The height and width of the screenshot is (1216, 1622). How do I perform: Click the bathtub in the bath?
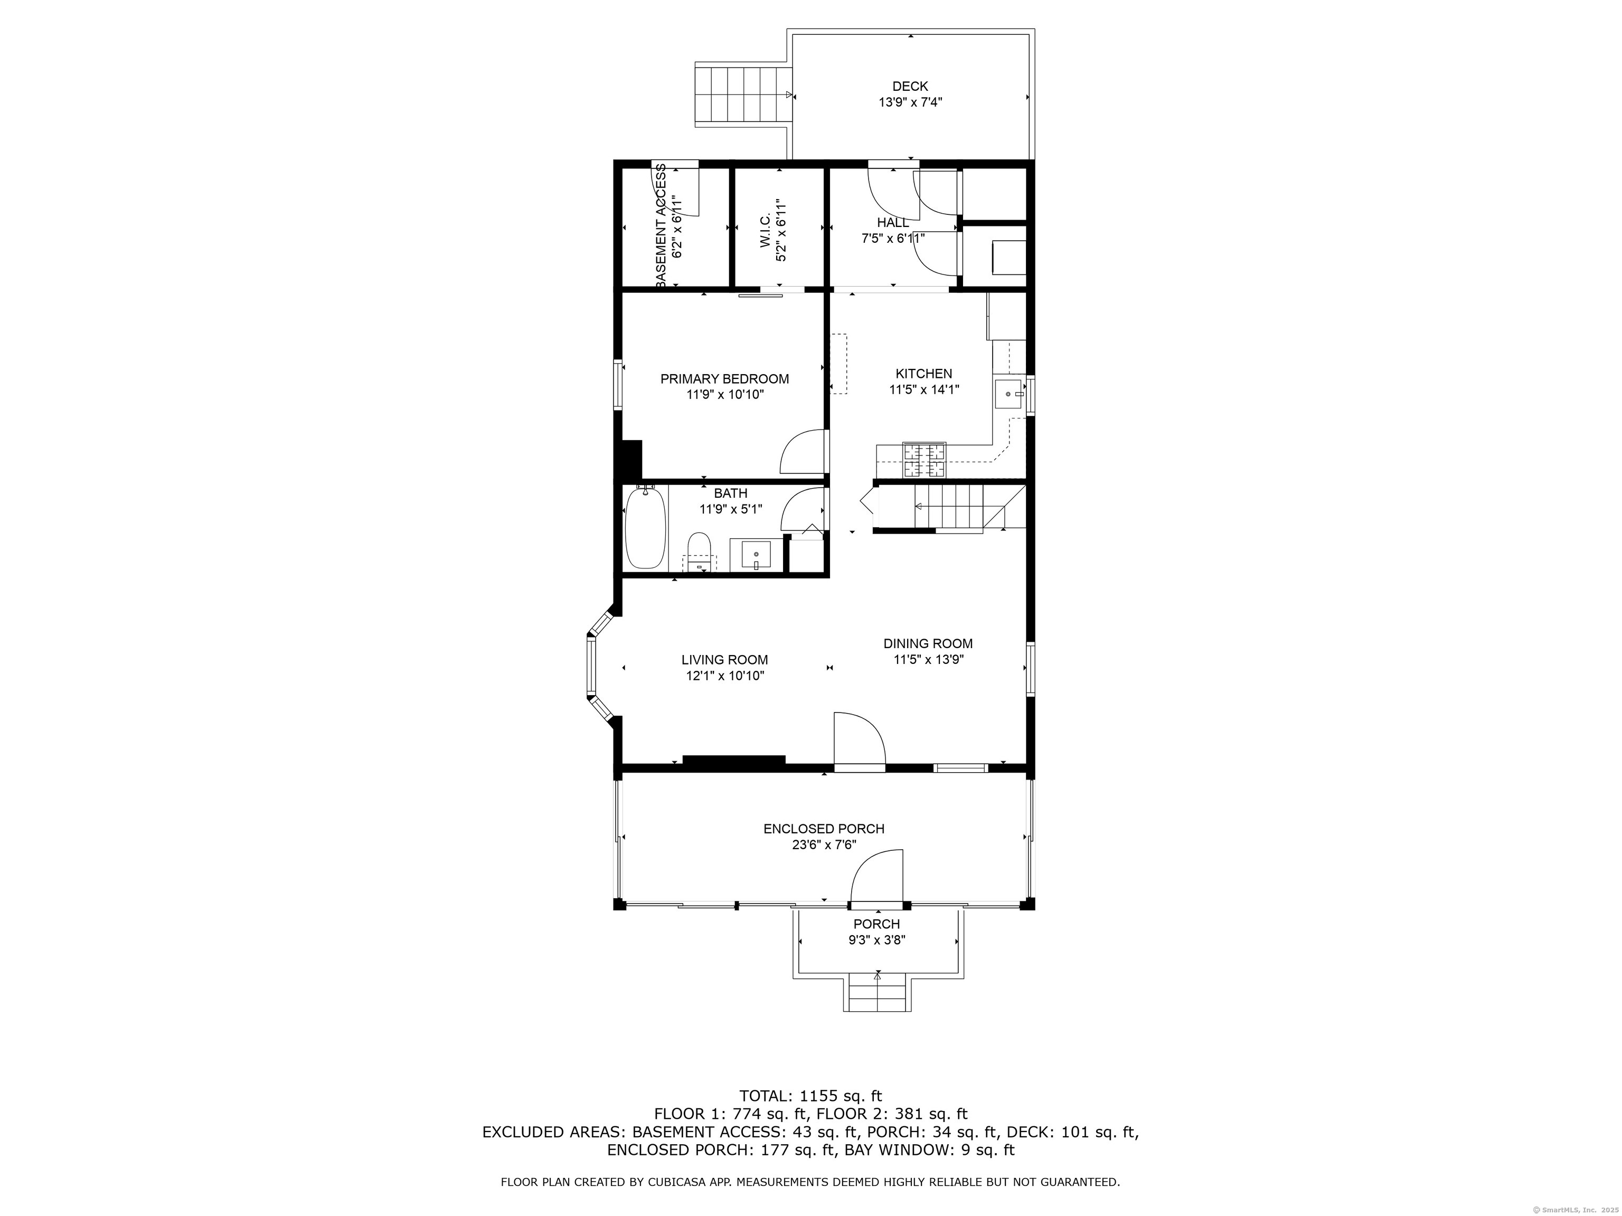coord(645,527)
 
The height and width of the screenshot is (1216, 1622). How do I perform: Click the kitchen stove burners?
coord(924,460)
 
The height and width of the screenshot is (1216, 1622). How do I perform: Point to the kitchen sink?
coord(1012,394)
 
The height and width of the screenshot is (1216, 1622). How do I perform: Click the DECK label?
coord(910,87)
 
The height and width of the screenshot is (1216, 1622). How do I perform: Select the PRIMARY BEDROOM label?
coord(724,379)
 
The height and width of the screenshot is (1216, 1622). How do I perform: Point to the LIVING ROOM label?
coord(724,660)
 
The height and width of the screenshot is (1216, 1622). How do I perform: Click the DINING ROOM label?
coord(928,643)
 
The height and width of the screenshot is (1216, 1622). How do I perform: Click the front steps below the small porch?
coord(877,993)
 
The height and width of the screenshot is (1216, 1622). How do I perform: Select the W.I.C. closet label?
coord(765,232)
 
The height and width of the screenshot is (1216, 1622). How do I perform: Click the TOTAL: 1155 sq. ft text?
coord(810,1097)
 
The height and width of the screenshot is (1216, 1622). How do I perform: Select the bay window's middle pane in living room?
coord(590,666)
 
